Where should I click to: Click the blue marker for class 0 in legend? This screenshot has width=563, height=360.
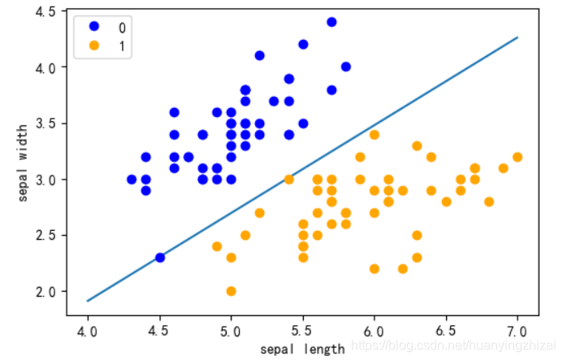coord(94,26)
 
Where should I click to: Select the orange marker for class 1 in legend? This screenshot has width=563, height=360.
coord(94,46)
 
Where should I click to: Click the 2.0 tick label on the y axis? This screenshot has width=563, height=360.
coord(45,292)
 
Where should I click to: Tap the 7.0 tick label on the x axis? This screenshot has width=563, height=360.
coord(518,332)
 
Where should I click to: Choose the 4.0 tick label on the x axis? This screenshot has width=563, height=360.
coord(88,332)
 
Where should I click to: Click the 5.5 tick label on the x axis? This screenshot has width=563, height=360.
coord(303,332)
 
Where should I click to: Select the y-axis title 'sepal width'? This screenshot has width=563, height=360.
coord(22,163)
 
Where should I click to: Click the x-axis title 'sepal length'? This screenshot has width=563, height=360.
coord(302,349)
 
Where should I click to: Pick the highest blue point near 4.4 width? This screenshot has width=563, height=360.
coord(331,22)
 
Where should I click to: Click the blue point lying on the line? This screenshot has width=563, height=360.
coord(160,258)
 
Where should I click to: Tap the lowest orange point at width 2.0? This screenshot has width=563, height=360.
coord(232,291)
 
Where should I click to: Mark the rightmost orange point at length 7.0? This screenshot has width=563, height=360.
coord(518,157)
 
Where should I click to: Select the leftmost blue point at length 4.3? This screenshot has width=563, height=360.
coord(132,180)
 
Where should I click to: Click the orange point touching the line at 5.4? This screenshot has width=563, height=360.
coord(288,180)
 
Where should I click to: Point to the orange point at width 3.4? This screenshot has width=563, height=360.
coord(375,135)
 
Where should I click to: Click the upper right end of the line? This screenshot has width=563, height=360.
coord(518,37)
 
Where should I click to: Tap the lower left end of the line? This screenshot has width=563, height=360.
coord(88,301)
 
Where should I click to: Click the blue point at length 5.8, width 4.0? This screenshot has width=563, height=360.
coord(346,67)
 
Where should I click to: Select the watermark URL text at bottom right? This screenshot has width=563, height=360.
coord(453,345)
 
